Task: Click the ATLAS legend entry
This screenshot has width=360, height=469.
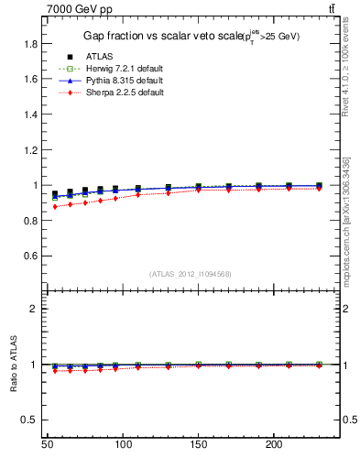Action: click(100, 57)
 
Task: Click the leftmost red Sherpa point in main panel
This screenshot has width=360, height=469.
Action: click(55, 207)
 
